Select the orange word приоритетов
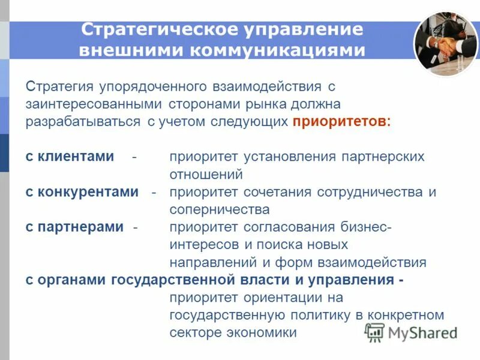tap(340, 122)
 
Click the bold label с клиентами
tap(70, 157)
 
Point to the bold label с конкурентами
tap(82, 192)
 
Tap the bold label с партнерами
tap(74, 227)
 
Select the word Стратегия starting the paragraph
tap(58, 87)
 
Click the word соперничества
tap(220, 209)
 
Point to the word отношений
tap(206, 175)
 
